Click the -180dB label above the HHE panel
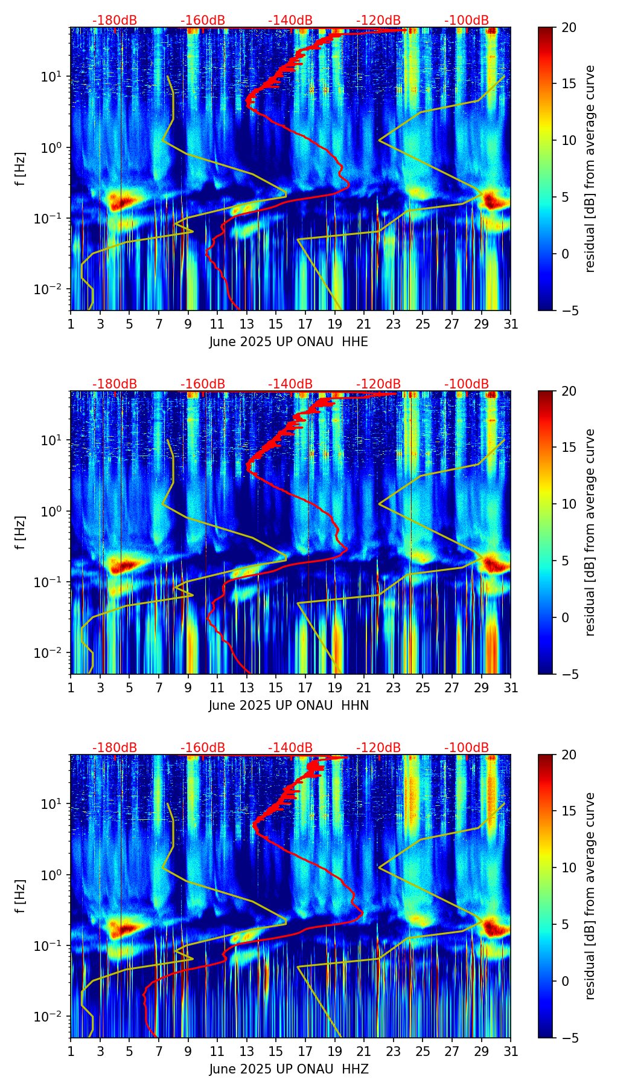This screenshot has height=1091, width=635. click(115, 21)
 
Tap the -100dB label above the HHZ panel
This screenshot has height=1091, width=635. click(467, 748)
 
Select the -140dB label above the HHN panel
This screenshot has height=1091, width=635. click(290, 384)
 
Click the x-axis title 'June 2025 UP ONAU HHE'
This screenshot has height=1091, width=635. click(289, 342)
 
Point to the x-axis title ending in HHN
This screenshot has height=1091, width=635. click(289, 706)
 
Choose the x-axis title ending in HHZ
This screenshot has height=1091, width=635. click(289, 1069)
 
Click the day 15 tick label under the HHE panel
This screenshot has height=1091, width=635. click(276, 324)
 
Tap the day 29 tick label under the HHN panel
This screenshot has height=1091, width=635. click(482, 687)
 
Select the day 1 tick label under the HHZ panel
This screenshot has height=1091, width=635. click(71, 1051)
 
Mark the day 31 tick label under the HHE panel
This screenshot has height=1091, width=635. click(511, 324)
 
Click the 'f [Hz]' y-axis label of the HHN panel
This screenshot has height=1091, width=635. click(21, 532)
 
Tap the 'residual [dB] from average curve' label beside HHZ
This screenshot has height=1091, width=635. click(590, 896)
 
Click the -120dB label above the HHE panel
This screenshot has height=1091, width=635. click(378, 21)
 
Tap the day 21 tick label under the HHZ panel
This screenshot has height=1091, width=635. click(364, 1051)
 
